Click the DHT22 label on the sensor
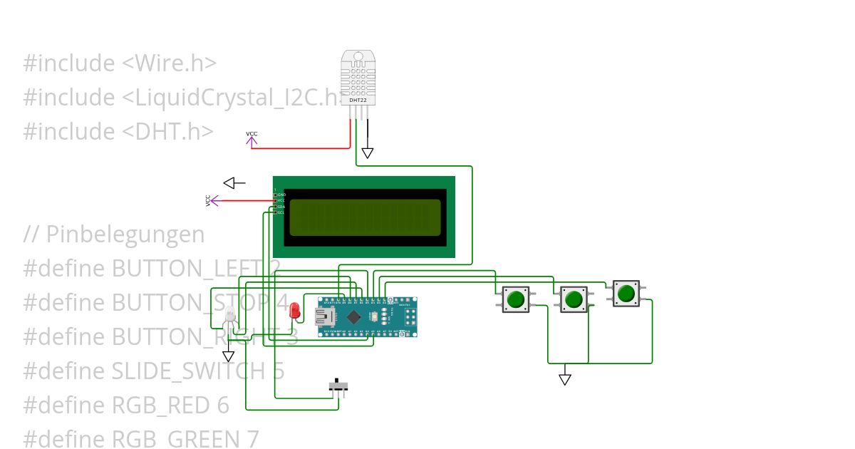tap(358, 100)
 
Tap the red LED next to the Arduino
tap(295, 310)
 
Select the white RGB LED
tap(229, 316)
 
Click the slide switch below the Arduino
tap(338, 386)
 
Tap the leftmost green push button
tap(515, 299)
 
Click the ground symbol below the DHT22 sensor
tap(367, 153)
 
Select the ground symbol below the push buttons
tap(565, 379)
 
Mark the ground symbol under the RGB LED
tap(228, 356)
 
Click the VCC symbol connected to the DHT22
tap(252, 140)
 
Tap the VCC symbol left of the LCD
tap(212, 201)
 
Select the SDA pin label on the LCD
tap(281, 207)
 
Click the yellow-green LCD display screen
tap(365, 217)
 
